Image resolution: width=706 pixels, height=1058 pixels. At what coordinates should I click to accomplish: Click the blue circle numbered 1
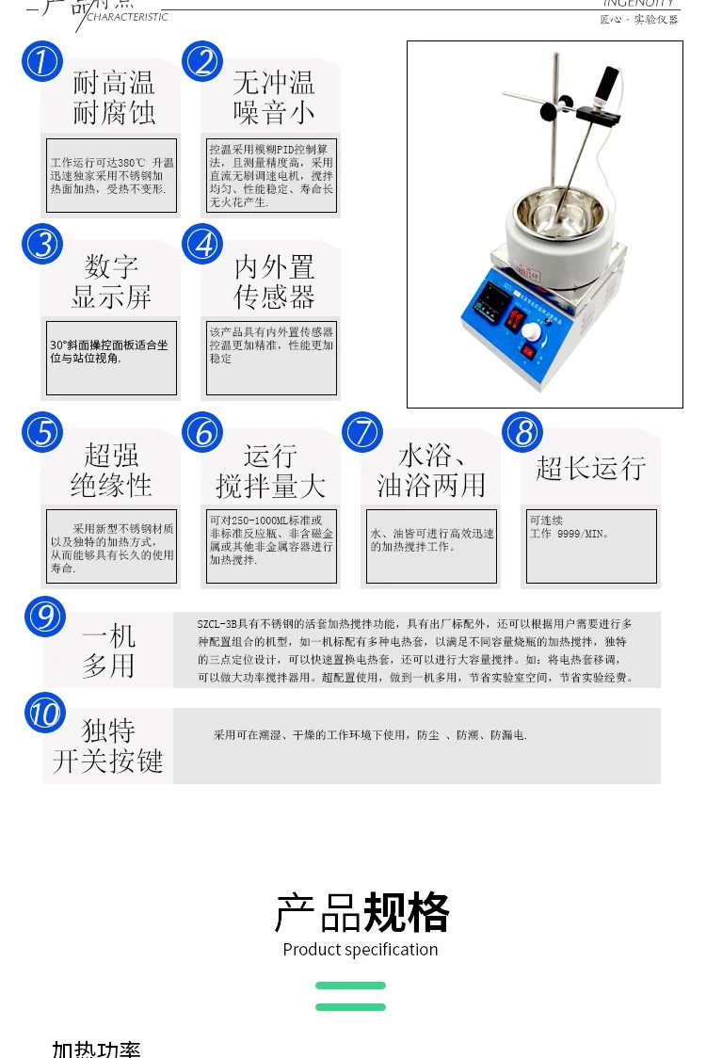click(x=41, y=62)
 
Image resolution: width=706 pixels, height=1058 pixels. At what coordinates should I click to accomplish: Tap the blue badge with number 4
click(x=202, y=244)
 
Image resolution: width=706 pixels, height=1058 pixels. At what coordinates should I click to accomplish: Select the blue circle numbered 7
click(x=362, y=433)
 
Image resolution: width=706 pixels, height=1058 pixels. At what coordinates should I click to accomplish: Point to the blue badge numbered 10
click(x=44, y=713)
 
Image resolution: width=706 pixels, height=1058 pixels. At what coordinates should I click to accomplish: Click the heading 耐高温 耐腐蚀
click(x=113, y=98)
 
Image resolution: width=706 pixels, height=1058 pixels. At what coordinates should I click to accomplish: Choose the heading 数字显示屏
click(x=111, y=281)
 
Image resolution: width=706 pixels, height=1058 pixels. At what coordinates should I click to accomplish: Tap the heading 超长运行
click(x=590, y=468)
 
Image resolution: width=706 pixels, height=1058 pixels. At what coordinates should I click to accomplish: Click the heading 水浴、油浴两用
click(x=431, y=470)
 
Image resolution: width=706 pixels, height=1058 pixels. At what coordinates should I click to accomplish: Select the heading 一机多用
click(x=108, y=650)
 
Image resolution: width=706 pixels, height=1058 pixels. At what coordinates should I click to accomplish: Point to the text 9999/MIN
click(x=583, y=534)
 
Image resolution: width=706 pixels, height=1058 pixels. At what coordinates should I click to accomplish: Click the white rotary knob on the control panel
click(x=534, y=332)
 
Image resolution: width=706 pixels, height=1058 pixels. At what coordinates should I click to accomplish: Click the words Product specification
click(x=360, y=949)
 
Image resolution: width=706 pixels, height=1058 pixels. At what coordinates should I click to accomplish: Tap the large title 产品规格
click(x=361, y=911)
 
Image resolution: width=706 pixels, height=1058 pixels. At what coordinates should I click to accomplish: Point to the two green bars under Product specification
click(x=350, y=996)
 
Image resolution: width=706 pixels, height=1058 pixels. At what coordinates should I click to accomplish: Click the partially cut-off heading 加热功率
click(x=96, y=1050)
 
